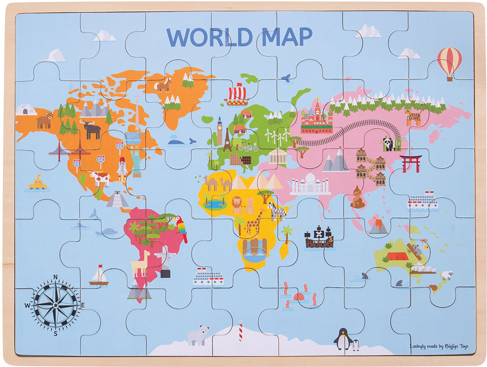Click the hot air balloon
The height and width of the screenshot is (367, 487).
(x=449, y=62)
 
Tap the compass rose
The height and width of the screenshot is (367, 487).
(x=55, y=303)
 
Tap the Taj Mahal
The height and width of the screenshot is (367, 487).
(x=310, y=184)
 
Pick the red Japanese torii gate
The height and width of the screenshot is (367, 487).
(x=411, y=163)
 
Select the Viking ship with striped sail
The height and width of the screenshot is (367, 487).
(x=237, y=95)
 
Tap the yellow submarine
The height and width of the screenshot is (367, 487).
(x=37, y=183)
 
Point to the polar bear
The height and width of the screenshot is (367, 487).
(x=197, y=335)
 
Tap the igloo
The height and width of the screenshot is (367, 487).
(x=26, y=110)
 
